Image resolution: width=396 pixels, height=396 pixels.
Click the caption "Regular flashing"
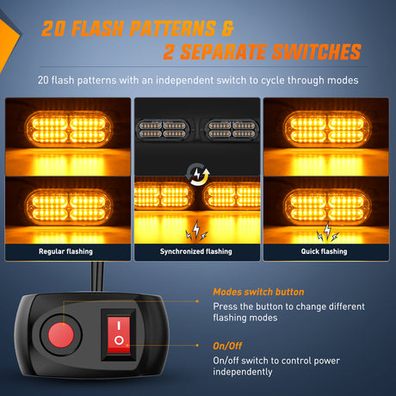point(66,251)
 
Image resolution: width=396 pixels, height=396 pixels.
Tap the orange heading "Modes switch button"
point(258,292)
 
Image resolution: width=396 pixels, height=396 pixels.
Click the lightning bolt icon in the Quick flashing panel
point(328,232)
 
